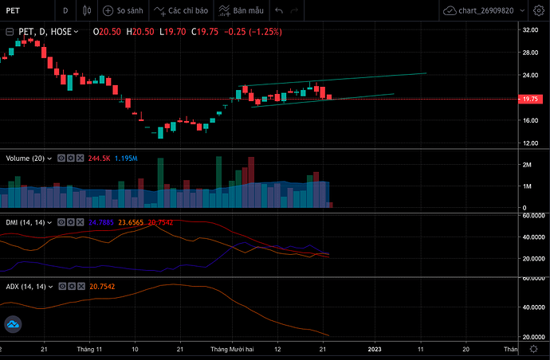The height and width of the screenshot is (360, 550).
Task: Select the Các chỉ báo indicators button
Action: [x=186, y=13]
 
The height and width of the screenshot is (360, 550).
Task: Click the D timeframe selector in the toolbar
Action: [x=65, y=13]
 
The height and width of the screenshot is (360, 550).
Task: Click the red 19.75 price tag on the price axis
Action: [x=528, y=100]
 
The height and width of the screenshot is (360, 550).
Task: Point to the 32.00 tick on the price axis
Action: [x=528, y=29]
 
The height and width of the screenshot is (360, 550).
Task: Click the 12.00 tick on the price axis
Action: [x=528, y=143]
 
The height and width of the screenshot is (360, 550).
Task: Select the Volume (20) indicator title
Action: [x=25, y=158]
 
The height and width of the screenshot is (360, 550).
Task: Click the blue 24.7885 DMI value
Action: [x=102, y=222]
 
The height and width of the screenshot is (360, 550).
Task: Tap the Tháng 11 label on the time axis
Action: [x=89, y=349]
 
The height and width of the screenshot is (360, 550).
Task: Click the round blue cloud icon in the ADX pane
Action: [x=14, y=325]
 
